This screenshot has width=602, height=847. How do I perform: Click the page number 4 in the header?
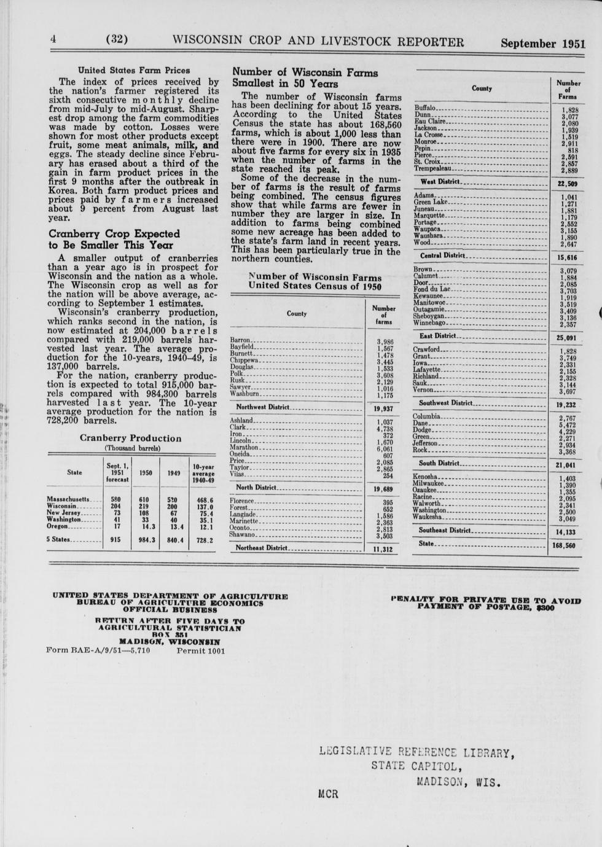pyautogui.click(x=53, y=39)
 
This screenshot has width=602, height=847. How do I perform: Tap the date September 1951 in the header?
pyautogui.click(x=542, y=44)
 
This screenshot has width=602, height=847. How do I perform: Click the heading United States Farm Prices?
pyautogui.click(x=133, y=70)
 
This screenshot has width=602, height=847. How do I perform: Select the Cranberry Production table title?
pyautogui.click(x=130, y=439)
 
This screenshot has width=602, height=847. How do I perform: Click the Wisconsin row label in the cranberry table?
pyautogui.click(x=61, y=505)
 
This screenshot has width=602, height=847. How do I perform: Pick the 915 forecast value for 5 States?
pyautogui.click(x=115, y=540)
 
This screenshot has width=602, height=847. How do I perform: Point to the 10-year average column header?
pyautogui.click(x=203, y=474)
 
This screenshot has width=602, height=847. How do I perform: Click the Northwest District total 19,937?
pyautogui.click(x=383, y=408)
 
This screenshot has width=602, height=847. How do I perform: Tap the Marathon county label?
pyautogui.click(x=244, y=448)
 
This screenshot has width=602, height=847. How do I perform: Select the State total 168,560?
pyautogui.click(x=564, y=545)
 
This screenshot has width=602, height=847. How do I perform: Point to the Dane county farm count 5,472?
pyautogui.click(x=568, y=424)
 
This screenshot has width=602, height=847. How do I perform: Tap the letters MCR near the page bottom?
pyautogui.click(x=329, y=794)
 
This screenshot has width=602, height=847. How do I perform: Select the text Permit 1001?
pyautogui.click(x=201, y=650)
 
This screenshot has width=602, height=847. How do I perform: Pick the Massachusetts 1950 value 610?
pyautogui.click(x=144, y=499)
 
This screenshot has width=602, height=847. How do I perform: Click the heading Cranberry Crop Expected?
pyautogui.click(x=114, y=233)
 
